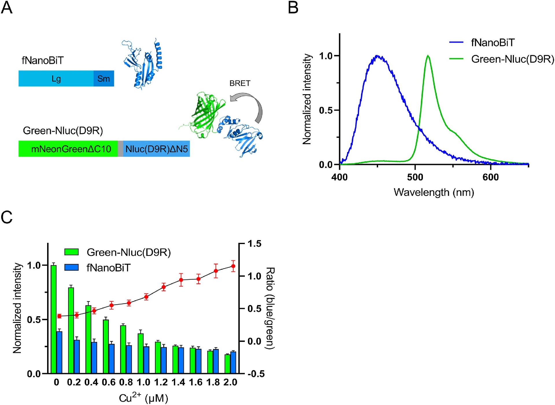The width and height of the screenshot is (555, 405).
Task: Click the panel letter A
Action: [7, 8]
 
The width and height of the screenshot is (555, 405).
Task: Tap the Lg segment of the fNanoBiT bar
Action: [56, 79]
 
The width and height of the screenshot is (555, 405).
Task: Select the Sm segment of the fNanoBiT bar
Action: [103, 79]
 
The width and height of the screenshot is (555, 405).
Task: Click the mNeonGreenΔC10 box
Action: [68, 149]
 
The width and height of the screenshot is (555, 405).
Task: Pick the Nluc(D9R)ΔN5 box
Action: [156, 149]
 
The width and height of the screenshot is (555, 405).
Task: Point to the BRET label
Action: [240, 83]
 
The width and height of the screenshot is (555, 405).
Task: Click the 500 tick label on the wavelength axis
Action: [415, 177]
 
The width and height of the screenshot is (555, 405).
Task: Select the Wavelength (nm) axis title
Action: [434, 193]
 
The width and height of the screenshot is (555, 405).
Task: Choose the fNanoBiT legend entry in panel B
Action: [493, 43]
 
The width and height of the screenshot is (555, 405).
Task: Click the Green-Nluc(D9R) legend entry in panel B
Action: [512, 59]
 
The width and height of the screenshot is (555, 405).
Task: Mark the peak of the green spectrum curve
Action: [428, 56]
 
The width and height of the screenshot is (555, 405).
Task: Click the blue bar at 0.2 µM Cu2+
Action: [77, 357]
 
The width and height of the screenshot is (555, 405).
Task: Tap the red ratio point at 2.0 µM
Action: [233, 266]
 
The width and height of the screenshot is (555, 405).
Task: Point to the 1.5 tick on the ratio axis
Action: [254, 244]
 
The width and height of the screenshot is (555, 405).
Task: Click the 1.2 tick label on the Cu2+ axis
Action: [161, 382]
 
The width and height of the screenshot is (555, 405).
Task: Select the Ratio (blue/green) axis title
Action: [270, 308]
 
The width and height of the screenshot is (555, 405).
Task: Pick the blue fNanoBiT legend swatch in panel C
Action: [71, 267]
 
